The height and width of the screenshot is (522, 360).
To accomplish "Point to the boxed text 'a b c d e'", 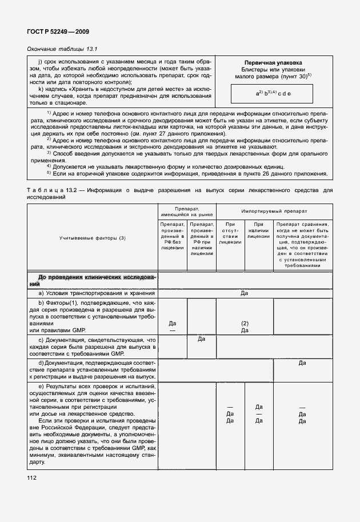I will tap(273, 93).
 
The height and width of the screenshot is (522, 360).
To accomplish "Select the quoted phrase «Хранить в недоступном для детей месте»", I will tap(124, 89).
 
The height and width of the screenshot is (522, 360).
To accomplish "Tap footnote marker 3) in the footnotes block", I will tap(49, 153).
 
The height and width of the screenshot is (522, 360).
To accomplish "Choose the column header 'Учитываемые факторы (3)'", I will tap(92, 237).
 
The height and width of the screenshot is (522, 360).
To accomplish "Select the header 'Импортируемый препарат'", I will tap(273, 210).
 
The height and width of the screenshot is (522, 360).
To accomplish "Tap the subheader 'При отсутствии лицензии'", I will tap(230, 234).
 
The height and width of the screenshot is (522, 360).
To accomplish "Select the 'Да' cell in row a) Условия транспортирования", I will tap(244, 293).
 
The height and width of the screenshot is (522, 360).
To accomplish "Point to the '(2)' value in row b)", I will tap(244, 322).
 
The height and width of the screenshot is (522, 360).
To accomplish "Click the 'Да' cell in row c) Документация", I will tap(201, 340).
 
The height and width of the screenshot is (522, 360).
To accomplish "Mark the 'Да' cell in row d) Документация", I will tap(302, 362).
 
